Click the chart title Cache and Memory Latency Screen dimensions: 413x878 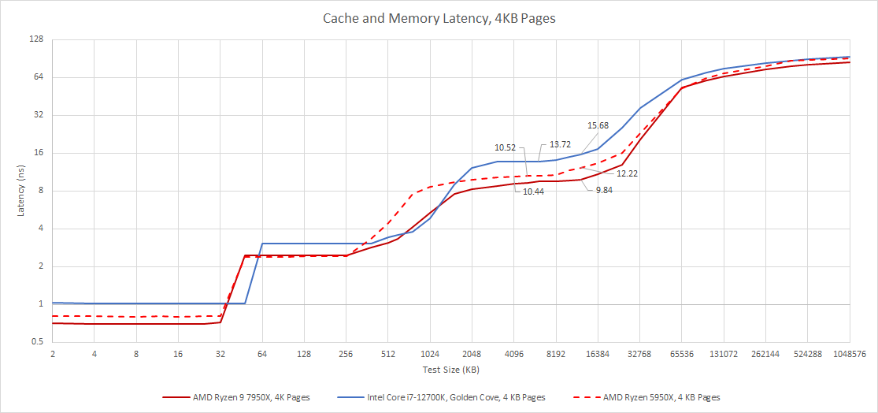click(439, 18)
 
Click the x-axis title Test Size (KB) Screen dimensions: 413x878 click(450, 370)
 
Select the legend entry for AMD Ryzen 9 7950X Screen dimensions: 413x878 click(237, 397)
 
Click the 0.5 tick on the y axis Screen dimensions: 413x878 click(36, 342)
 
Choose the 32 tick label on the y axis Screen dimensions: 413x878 click(37, 115)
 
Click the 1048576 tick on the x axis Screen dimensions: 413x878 click(849, 355)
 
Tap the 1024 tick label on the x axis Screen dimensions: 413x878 click(430, 355)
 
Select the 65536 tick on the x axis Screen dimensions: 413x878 click(682, 355)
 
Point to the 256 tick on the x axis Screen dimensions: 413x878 click(346, 355)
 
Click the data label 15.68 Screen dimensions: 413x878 click(598, 125)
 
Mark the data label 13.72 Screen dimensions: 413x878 click(560, 144)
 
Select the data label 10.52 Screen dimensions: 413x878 click(505, 147)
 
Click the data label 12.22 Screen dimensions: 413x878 click(627, 173)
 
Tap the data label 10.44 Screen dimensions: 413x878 click(533, 192)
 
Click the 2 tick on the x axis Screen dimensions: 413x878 click(52, 355)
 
